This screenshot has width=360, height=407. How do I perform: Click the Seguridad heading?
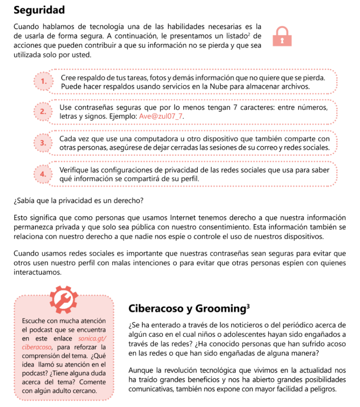(39, 10)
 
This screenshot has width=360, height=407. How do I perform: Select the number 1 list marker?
(43, 81)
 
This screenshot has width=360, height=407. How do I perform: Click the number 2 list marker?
(43, 112)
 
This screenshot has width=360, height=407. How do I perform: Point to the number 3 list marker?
(43, 143)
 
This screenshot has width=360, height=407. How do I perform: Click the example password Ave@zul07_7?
(162, 116)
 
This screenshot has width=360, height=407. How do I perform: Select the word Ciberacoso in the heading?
(153, 308)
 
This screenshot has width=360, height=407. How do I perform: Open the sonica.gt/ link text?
(93, 339)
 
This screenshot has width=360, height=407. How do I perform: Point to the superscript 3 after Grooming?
(248, 306)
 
